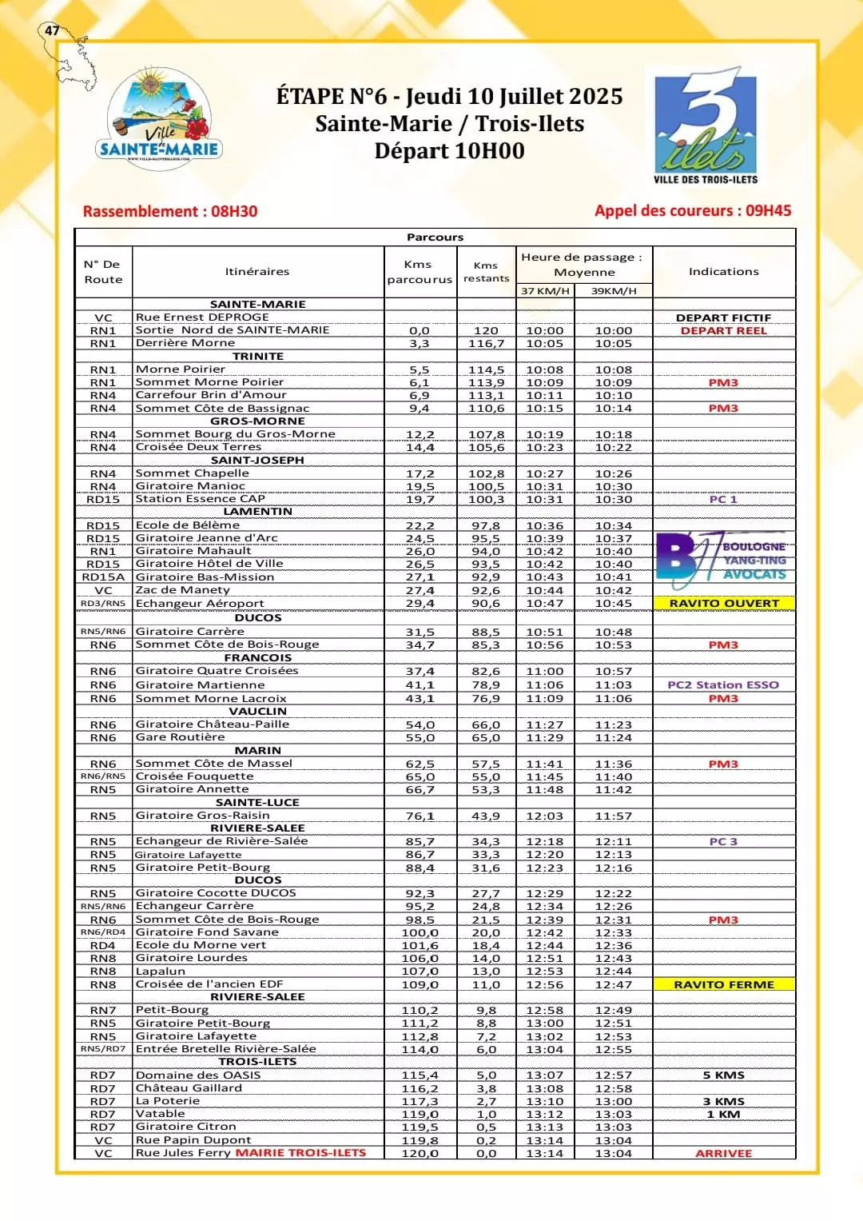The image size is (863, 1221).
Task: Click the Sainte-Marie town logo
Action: pyautogui.click(x=160, y=117)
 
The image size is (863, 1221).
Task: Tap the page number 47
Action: pyautogui.click(x=52, y=30)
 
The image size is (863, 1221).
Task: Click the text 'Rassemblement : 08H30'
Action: pyautogui.click(x=170, y=212)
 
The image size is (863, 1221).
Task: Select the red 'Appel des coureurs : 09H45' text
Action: pyautogui.click(x=692, y=211)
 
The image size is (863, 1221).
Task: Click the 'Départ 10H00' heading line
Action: pyautogui.click(x=449, y=151)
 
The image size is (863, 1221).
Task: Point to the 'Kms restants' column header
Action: pyautogui.click(x=486, y=272)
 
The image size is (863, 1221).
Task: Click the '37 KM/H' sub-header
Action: pyautogui.click(x=545, y=291)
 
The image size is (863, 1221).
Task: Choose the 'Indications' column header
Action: pyautogui.click(x=724, y=272)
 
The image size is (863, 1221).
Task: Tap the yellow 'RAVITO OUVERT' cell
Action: pyautogui.click(x=724, y=604)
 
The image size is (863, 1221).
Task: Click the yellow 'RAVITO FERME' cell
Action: pyautogui.click(x=724, y=985)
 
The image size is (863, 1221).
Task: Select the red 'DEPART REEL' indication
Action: pyautogui.click(x=723, y=331)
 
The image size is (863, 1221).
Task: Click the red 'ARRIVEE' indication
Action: pyautogui.click(x=724, y=1154)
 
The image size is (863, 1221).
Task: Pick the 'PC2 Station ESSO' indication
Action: pyautogui.click(x=723, y=685)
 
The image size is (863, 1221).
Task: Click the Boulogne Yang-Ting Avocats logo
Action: pyautogui.click(x=722, y=558)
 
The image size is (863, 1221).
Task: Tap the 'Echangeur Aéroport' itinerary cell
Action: pyautogui.click(x=200, y=604)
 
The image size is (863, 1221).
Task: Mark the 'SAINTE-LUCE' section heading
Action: pyautogui.click(x=257, y=803)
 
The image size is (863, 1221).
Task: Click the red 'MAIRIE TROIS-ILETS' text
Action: pyautogui.click(x=300, y=1153)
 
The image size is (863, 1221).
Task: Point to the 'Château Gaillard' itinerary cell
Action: pyautogui.click(x=189, y=1088)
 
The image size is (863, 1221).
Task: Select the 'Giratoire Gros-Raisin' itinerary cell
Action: pyautogui.click(x=202, y=816)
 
